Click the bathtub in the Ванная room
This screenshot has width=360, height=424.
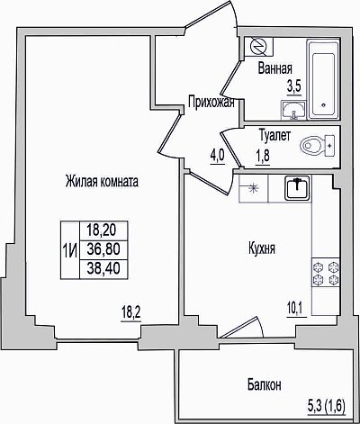pyautogui.click(x=323, y=79)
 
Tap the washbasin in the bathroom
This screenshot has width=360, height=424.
pyautogui.click(x=293, y=110)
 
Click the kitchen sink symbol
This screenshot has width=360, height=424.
pyautogui.click(x=297, y=188)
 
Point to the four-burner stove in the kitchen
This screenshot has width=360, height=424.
pyautogui.click(x=326, y=273)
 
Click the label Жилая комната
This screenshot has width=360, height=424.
pyautogui.click(x=102, y=182)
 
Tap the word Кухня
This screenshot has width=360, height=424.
pyautogui.click(x=262, y=248)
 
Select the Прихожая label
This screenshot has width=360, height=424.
pyautogui.click(x=211, y=103)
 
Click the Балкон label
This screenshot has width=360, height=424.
pyautogui.click(x=265, y=384)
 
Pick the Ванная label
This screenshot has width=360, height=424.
pyautogui.click(x=275, y=68)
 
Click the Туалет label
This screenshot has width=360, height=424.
pyautogui.click(x=274, y=136)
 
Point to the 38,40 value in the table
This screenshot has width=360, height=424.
pyautogui.click(x=103, y=268)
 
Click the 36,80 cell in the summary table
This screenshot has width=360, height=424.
pyautogui.click(x=103, y=249)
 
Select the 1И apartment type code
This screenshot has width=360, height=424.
pyautogui.click(x=69, y=249)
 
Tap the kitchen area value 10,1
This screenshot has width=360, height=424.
pyautogui.click(x=296, y=309)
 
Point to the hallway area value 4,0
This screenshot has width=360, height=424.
pyautogui.click(x=218, y=156)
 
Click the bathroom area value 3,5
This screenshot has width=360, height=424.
pyautogui.click(x=294, y=87)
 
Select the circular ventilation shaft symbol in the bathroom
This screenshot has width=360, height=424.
pyautogui.click(x=258, y=47)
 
